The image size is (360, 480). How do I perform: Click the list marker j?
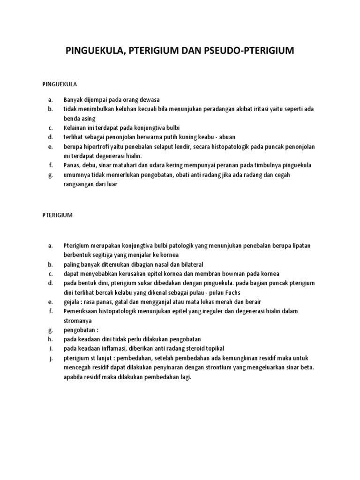coord(49,358)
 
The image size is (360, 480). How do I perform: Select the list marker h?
coord(49,339)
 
